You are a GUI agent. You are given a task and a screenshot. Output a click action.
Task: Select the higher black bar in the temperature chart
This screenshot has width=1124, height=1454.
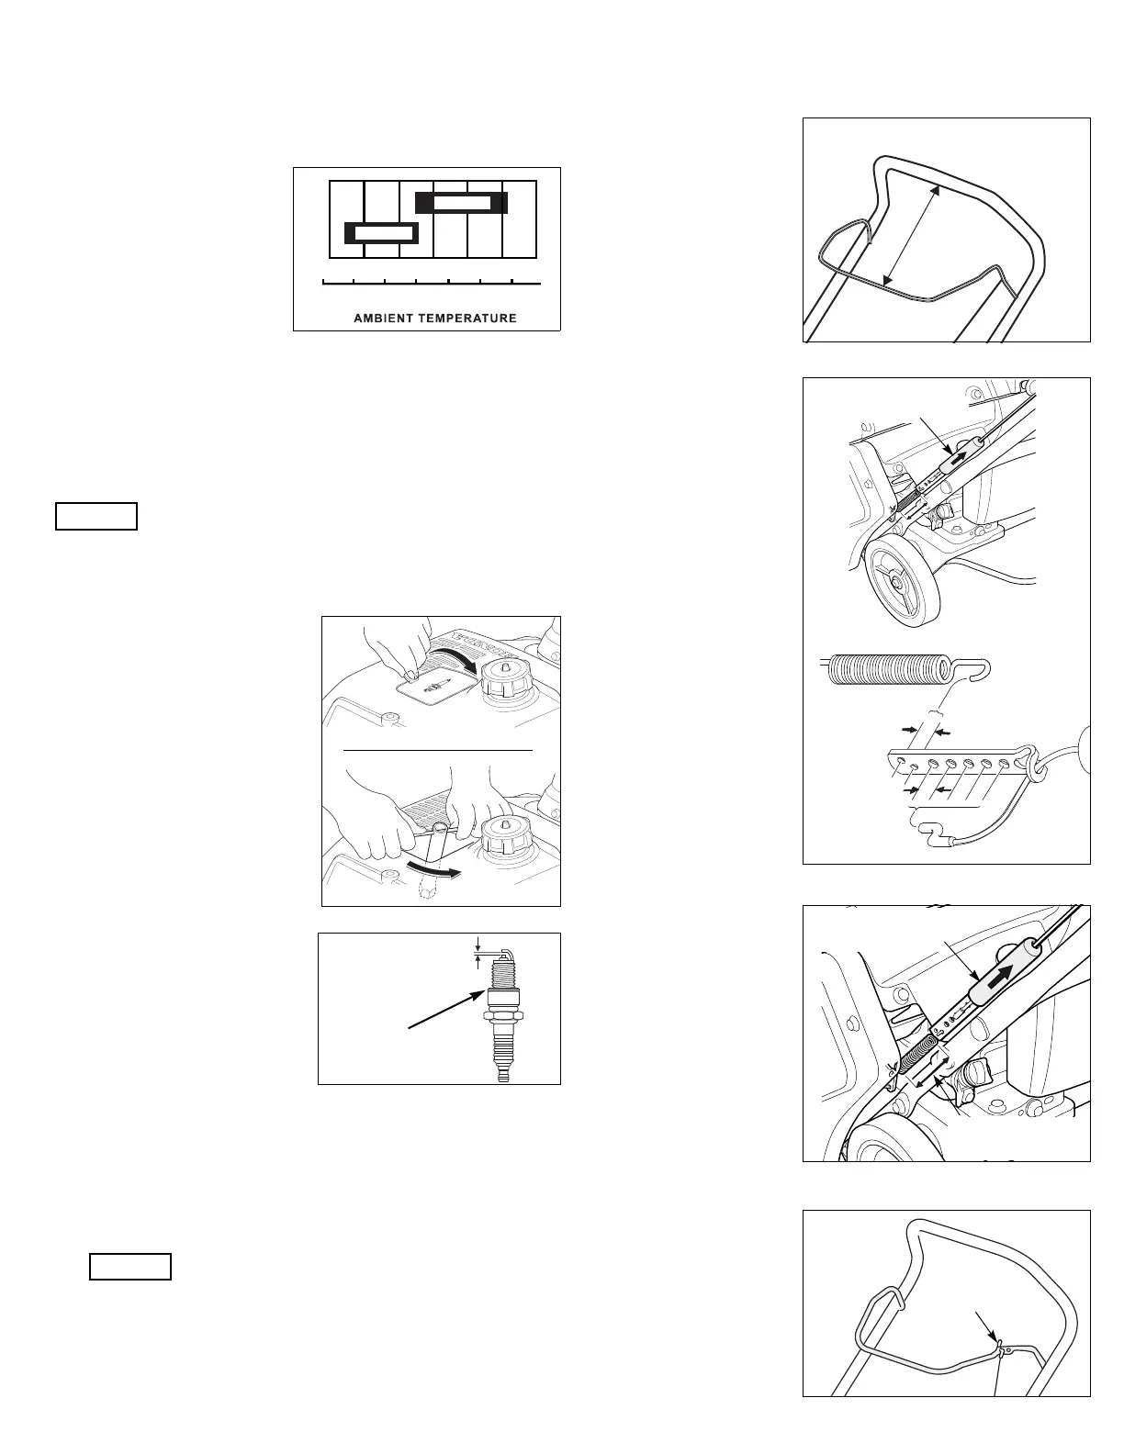[461, 202]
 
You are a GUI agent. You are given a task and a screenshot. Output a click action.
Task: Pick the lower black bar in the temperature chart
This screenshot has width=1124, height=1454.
[381, 233]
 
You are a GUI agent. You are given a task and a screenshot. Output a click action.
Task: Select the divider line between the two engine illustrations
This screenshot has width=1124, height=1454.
[438, 750]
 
